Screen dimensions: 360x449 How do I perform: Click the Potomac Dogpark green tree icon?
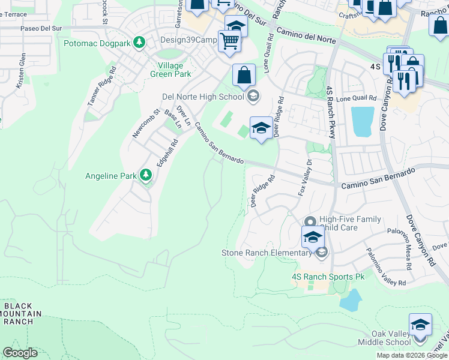(140, 43)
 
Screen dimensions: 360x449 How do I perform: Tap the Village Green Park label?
(174, 70)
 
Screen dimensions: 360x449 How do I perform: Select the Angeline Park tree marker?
(145, 175)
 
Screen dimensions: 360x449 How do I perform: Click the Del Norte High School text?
(203, 96)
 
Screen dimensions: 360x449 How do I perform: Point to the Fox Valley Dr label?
(306, 177)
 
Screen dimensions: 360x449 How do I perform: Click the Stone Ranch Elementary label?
(267, 253)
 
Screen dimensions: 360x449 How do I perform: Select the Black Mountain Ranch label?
(22, 314)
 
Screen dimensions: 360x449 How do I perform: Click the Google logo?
(20, 353)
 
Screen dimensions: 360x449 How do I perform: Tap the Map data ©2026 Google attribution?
(411, 355)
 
